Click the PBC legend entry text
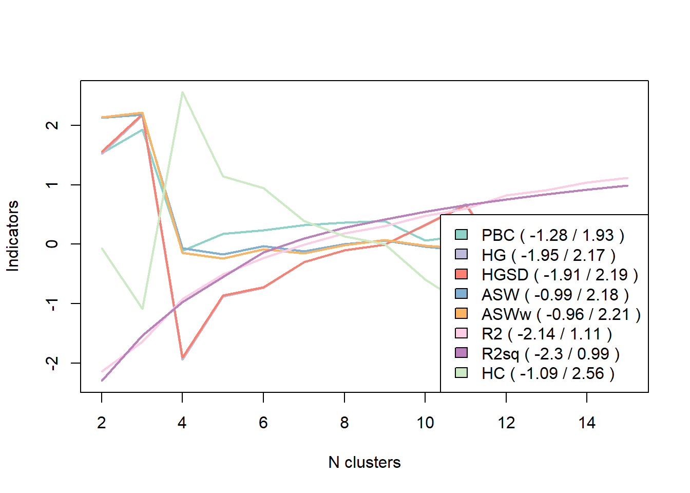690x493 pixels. click(552, 235)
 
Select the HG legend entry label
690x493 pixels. click(548, 255)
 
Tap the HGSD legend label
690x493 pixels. click(559, 275)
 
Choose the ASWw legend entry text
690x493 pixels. click(561, 314)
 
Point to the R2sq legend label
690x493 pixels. click(550, 354)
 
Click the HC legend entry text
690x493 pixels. click(547, 373)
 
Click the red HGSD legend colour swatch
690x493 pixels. click(462, 274)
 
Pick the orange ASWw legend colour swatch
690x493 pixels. click(462, 313)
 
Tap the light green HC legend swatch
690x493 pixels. click(462, 372)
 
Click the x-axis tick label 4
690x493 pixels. click(182, 423)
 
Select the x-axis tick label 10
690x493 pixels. click(425, 423)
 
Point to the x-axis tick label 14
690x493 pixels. click(587, 423)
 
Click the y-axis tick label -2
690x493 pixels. click(52, 362)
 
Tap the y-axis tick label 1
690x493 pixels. click(52, 185)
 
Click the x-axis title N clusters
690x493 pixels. click(365, 462)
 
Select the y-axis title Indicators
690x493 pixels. click(12, 236)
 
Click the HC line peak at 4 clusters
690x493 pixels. click(182, 92)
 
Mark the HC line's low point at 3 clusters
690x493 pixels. click(142, 309)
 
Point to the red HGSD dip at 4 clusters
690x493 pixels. click(182, 358)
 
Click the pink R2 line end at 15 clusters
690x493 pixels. click(627, 178)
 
